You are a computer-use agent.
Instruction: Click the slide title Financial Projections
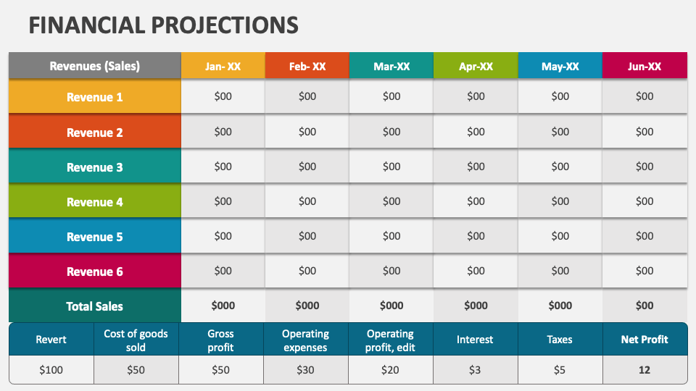[163, 25]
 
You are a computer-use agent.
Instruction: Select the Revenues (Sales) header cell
[94, 66]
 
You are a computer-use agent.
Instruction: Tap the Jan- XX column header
[223, 66]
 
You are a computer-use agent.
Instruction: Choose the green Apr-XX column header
[476, 66]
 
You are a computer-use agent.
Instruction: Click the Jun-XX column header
[645, 66]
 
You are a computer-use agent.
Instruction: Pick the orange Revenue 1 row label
[94, 97]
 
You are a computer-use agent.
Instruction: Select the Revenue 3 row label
[94, 167]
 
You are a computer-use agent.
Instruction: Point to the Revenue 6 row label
[94, 272]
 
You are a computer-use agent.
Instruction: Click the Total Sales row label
[94, 306]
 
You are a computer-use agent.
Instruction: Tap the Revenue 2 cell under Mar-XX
[391, 132]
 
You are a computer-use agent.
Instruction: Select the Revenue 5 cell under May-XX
[560, 236]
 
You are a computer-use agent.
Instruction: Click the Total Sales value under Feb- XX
[307, 306]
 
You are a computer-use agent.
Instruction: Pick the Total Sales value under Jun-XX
[645, 306]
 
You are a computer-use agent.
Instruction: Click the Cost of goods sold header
[136, 340]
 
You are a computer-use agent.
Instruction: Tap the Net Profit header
[645, 339]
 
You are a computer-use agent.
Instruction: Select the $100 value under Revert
[51, 370]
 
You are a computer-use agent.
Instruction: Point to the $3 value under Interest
[475, 370]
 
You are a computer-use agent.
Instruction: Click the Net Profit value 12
[645, 370]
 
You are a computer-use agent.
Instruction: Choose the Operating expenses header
[305, 340]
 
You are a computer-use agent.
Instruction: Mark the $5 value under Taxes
[560, 370]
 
